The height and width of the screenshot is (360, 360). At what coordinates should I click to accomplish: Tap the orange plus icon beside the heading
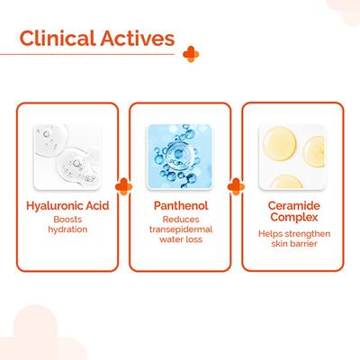(188, 52)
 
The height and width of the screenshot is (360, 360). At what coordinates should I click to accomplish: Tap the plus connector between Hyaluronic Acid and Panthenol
(125, 188)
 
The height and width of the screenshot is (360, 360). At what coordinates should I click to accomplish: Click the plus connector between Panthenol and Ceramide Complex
(236, 188)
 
